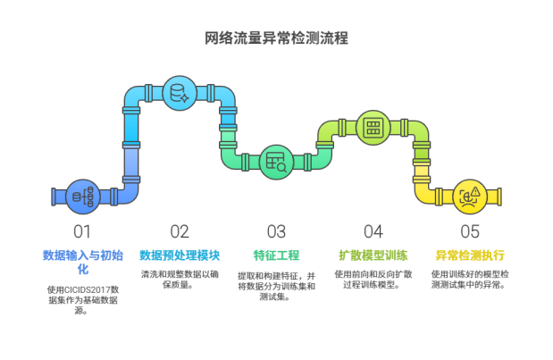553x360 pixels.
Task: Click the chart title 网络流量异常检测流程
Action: click(276, 38)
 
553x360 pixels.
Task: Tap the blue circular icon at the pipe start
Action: click(82, 197)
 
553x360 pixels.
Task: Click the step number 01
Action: click(82, 231)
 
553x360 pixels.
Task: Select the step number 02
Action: click(179, 231)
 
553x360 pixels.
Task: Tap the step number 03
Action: click(275, 231)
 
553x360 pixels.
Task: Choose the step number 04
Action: click(372, 231)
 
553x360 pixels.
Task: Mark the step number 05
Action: click(469, 231)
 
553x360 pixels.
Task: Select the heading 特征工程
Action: click(275, 255)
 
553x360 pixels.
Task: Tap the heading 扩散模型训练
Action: click(373, 255)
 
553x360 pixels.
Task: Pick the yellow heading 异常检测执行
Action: click(469, 255)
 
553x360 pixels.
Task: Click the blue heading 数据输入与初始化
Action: click(82, 261)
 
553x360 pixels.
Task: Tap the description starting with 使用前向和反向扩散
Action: click(373, 279)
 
